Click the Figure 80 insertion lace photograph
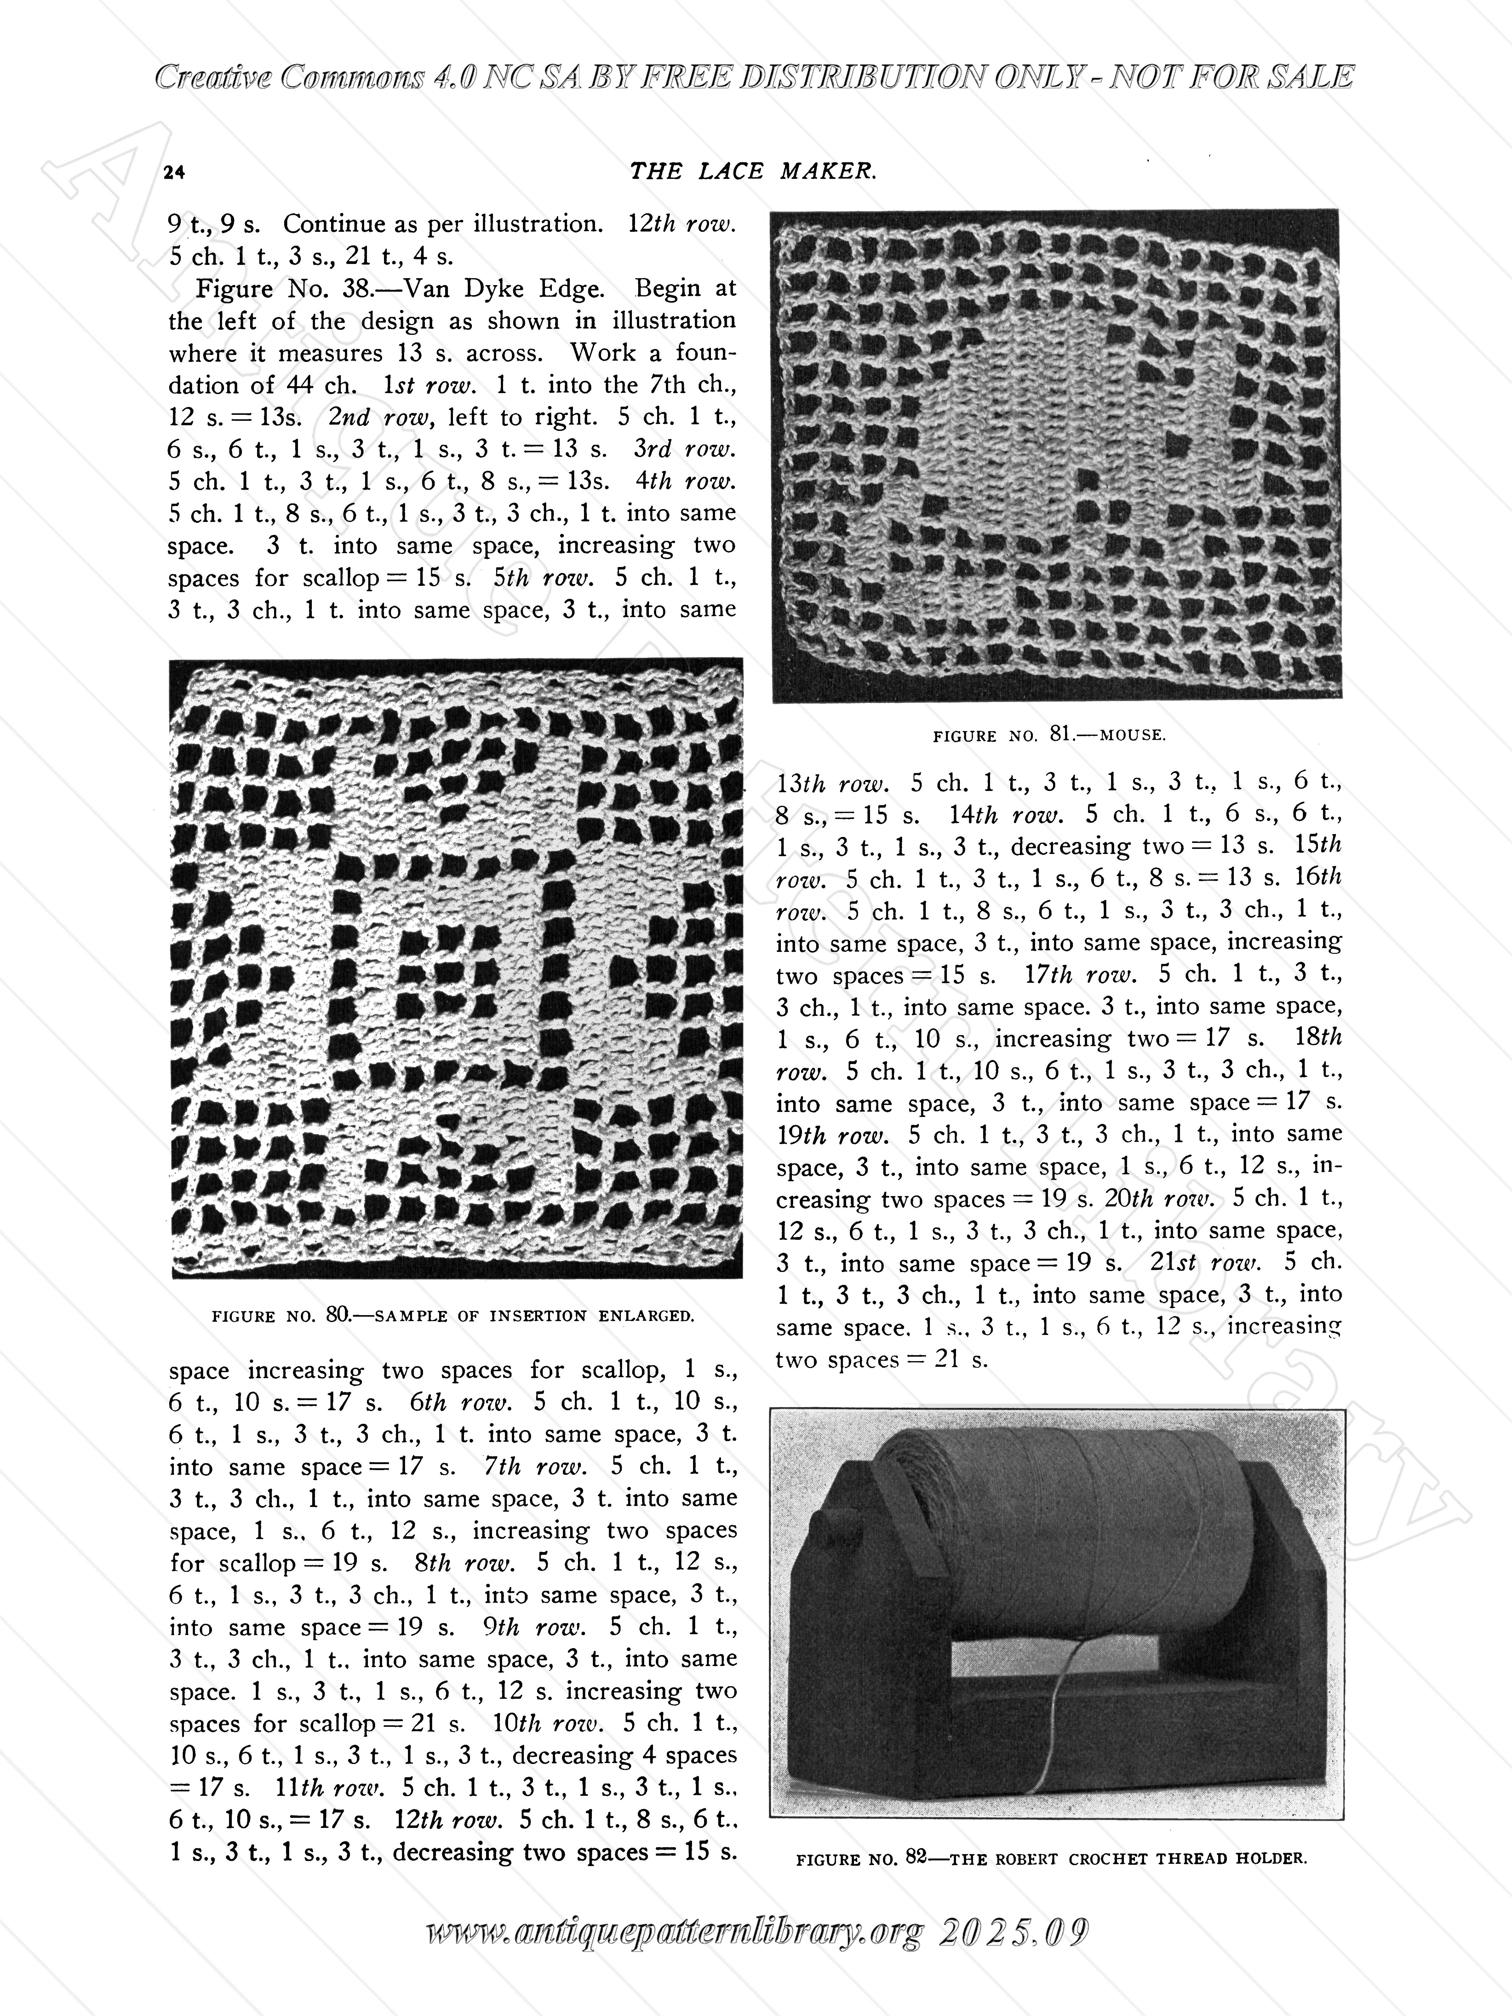456,968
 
